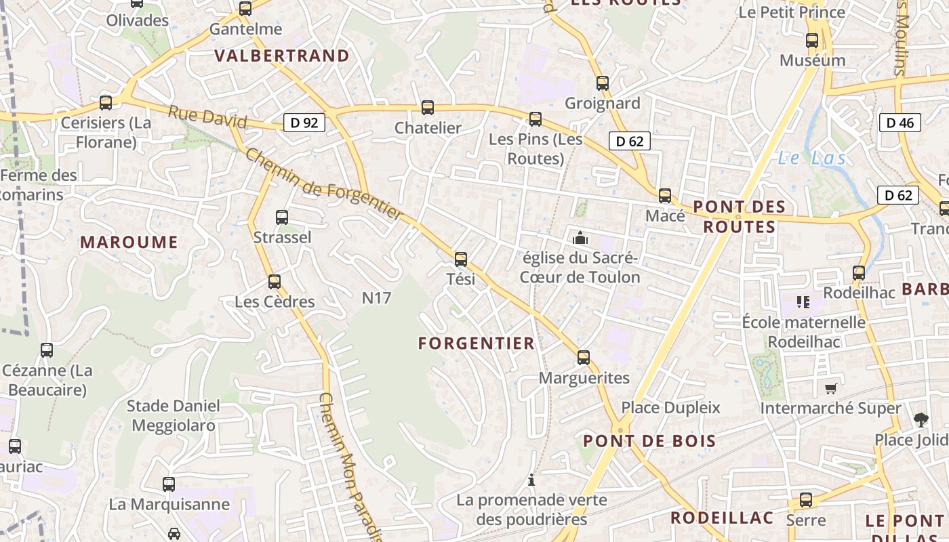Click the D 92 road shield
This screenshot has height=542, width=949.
(304, 123)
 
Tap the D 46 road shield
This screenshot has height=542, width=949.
(900, 123)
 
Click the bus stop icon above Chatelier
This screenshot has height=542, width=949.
(428, 108)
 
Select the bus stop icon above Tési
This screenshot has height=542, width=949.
(461, 259)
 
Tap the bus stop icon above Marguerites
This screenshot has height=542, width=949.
(584, 358)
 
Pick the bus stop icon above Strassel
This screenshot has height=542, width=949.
(282, 217)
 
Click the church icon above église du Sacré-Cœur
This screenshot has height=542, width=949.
(580, 238)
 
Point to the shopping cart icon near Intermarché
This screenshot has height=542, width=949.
(830, 388)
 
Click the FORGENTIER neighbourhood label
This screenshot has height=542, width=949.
(477, 343)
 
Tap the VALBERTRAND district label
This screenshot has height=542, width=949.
(282, 56)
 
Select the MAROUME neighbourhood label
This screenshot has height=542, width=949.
(129, 242)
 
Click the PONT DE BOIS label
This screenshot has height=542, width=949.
(649, 441)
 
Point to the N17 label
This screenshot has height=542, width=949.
(376, 297)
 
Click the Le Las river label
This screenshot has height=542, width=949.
(811, 159)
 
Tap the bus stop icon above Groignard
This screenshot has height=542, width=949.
(603, 83)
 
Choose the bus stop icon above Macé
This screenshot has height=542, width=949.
(665, 196)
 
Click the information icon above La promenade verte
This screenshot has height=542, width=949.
(531, 480)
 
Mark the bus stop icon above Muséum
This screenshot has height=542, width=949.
(812, 41)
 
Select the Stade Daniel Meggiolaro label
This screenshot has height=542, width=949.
(174, 415)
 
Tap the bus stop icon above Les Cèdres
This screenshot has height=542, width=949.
(275, 281)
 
